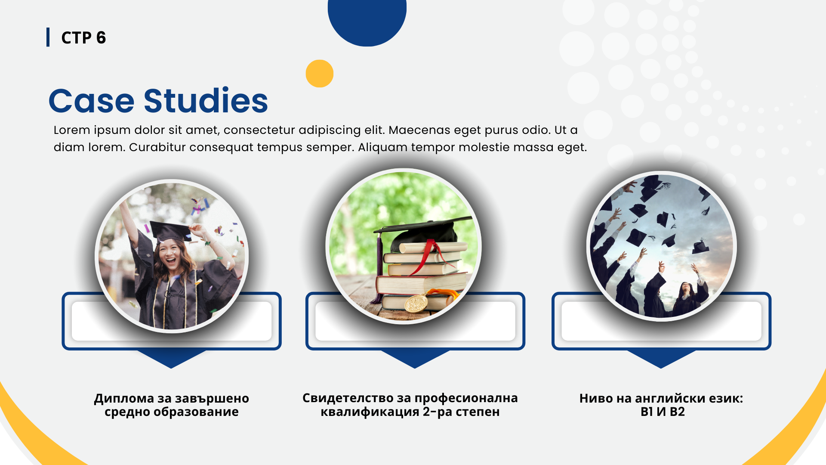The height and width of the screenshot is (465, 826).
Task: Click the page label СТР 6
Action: (x=83, y=38)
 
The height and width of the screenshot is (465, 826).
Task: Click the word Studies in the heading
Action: (x=206, y=101)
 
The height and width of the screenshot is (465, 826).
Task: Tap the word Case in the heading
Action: (x=92, y=102)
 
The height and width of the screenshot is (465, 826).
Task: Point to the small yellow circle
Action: (x=320, y=74)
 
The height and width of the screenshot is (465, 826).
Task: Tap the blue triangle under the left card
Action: (x=171, y=359)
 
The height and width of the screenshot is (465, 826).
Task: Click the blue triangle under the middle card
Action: (x=415, y=359)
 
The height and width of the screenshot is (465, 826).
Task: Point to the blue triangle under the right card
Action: (x=661, y=359)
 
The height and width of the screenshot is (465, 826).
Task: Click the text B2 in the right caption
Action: (x=677, y=412)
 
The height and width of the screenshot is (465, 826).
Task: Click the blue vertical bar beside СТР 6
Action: (x=48, y=37)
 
